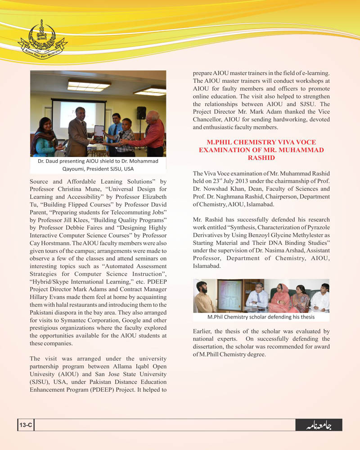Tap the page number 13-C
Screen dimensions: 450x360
click(25, 425)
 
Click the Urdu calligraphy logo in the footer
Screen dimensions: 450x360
click(318, 425)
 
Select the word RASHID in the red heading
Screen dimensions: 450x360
click(261, 158)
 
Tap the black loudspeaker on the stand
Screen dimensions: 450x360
click(141, 113)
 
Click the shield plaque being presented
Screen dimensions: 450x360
click(98, 131)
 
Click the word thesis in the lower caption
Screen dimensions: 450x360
click(306, 317)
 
